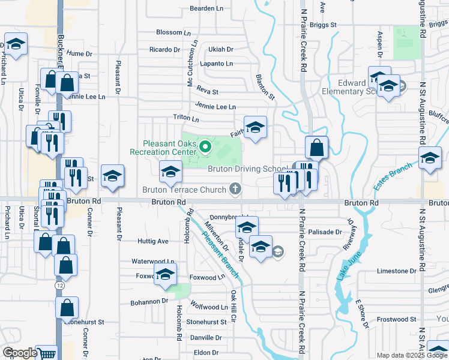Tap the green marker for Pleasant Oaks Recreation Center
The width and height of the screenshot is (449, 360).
[x=205, y=146]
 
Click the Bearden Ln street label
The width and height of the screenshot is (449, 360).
[x=206, y=8]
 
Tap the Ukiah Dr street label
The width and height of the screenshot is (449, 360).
[x=220, y=49]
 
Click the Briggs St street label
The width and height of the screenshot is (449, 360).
[x=324, y=25]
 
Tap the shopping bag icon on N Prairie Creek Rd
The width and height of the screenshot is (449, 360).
[x=316, y=147]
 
